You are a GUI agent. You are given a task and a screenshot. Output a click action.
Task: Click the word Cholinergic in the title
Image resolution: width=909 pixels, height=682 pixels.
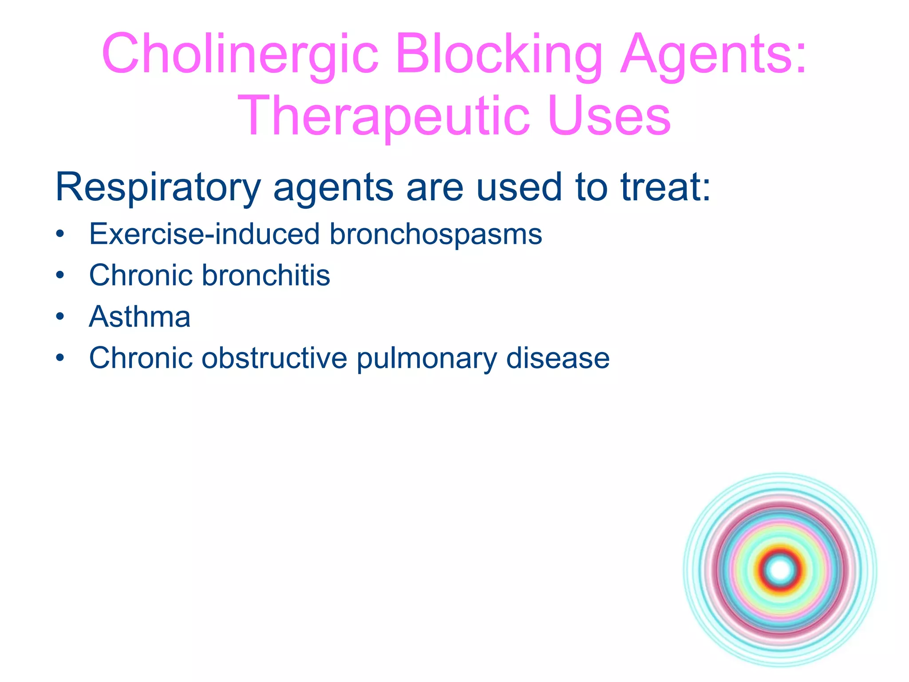pyautogui.click(x=240, y=54)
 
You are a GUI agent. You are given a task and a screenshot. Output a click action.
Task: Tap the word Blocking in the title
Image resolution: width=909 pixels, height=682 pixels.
pyautogui.click(x=499, y=54)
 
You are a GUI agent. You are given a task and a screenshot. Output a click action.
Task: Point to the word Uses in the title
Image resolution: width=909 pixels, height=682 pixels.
pyautogui.click(x=609, y=116)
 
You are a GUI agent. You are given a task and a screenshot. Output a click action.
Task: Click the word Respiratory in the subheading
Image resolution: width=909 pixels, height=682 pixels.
pyautogui.click(x=158, y=188)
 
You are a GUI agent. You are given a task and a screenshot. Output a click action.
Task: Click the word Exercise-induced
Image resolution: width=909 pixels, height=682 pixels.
pyautogui.click(x=204, y=234)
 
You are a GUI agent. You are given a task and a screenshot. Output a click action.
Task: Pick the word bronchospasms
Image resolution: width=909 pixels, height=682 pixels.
pyautogui.click(x=435, y=235)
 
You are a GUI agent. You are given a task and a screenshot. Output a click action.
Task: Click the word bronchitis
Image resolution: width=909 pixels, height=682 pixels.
pyautogui.click(x=266, y=275)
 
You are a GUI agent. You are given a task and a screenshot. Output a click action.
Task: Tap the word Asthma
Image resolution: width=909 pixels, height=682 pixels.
pyautogui.click(x=140, y=317)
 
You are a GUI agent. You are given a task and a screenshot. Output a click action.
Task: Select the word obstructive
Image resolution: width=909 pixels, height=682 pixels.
pyautogui.click(x=274, y=358)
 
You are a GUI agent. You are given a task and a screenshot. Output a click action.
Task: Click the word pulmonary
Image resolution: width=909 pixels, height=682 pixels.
pyautogui.click(x=427, y=359)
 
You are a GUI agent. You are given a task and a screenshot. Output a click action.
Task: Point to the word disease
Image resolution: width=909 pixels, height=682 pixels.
pyautogui.click(x=558, y=358)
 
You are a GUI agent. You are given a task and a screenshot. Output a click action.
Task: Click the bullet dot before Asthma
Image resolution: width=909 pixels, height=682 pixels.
pyautogui.click(x=60, y=317)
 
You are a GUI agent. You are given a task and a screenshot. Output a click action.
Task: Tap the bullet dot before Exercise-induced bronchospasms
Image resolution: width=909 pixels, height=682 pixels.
pyautogui.click(x=60, y=234)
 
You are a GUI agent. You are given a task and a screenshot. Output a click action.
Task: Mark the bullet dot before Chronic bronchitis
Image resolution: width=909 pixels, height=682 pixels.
pyautogui.click(x=60, y=276)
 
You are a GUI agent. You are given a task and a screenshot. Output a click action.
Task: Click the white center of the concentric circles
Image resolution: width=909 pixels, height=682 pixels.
pyautogui.click(x=780, y=570)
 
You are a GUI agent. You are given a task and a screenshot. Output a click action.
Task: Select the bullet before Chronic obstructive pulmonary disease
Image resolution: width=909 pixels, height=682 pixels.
pyautogui.click(x=60, y=358)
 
